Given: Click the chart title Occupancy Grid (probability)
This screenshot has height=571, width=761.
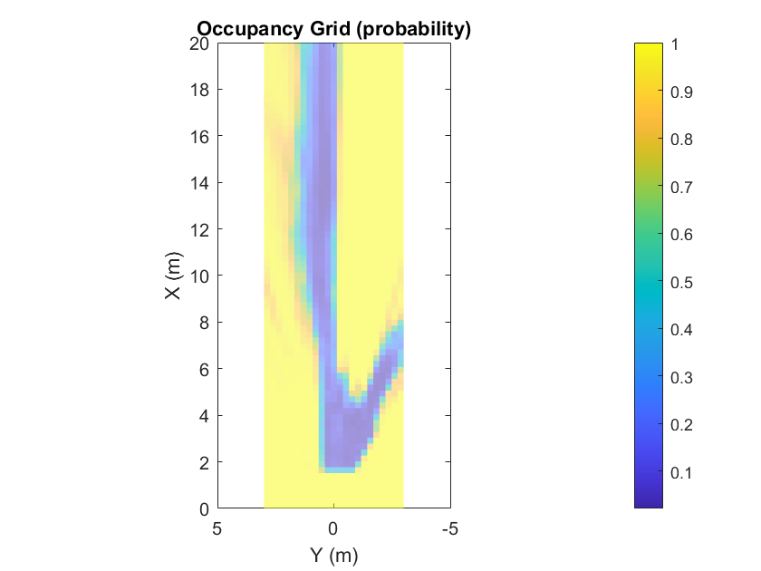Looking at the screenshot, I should point(334,29).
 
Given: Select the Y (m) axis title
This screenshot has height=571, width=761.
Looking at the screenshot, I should point(334,554).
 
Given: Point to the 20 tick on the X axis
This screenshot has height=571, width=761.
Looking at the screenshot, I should point(200,44).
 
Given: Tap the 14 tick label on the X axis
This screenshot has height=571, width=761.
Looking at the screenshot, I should point(200,183).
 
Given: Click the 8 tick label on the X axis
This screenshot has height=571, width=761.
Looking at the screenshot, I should point(205,323).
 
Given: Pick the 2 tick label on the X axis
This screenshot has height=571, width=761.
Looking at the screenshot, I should point(205,462).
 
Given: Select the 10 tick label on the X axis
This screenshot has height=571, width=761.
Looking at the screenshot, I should point(200,276).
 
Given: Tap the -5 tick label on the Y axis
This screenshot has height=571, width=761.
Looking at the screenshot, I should point(448,528).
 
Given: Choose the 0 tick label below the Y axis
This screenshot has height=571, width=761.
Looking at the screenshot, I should point(333,528).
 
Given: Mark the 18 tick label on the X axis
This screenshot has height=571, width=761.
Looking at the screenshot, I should point(200,90).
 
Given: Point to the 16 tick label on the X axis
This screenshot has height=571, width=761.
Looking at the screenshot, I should point(200,137).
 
